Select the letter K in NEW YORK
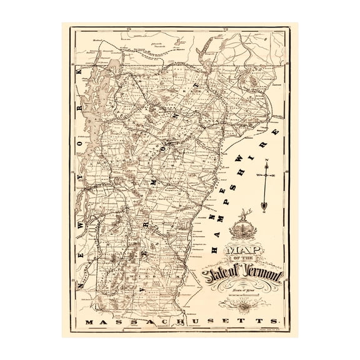coord(79,74)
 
